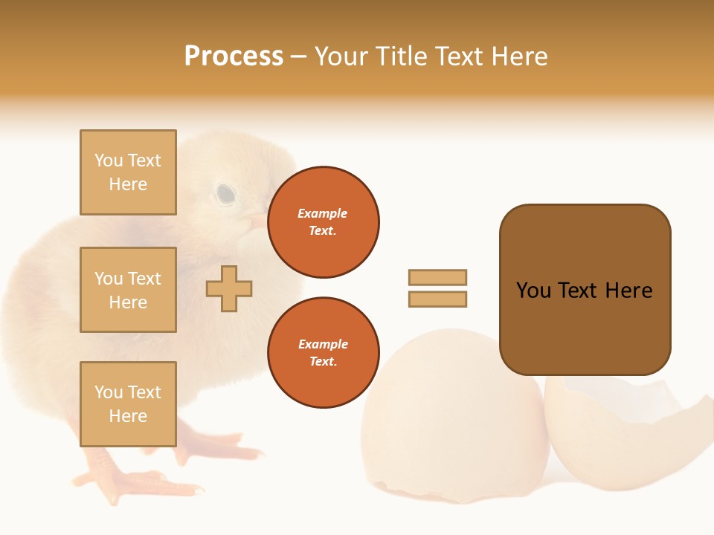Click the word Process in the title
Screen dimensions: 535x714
tap(234, 56)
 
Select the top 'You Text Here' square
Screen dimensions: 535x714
tap(128, 172)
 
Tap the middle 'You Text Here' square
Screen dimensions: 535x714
tap(128, 290)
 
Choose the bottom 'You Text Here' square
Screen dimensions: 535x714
tap(128, 403)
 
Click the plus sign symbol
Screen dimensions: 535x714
tap(229, 288)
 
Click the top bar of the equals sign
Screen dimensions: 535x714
tap(437, 277)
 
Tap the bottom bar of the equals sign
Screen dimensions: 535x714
tap(437, 299)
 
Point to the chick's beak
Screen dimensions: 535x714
tap(257, 221)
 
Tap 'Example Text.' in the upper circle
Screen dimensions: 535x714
tap(323, 221)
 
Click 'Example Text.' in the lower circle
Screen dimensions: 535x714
tap(323, 352)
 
